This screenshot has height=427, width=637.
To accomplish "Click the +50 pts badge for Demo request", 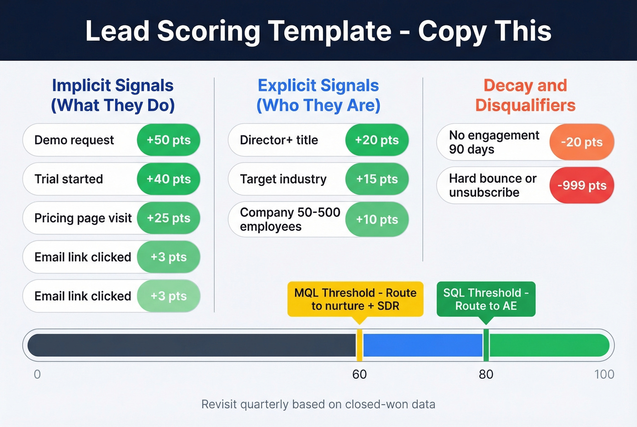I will pos(168,140).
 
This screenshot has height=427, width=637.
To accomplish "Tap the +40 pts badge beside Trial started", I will pos(168,179).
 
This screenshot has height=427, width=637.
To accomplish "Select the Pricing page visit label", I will pos(83,218).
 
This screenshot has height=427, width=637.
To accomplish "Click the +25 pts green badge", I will pos(168,218).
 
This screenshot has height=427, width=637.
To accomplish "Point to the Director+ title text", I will pos(278,140).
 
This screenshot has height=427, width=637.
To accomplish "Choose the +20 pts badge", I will pos(377,140).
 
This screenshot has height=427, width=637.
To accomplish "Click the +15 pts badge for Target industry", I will pos(377,179).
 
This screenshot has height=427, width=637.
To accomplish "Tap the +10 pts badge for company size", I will pos(377,220).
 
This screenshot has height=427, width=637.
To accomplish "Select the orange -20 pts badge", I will pos(581,142).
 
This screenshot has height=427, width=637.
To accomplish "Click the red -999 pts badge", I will pos(581,186).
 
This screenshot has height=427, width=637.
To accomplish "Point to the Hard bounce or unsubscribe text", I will pos(493,186).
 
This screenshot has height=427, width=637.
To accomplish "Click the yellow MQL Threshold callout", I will pos(355,299).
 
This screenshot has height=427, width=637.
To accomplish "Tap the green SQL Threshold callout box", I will pos(486,299).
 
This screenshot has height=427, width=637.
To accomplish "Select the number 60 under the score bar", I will pos(359,375).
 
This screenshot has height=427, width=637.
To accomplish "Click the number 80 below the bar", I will pos(486,375).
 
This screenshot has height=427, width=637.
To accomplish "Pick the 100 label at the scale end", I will pos(604,375).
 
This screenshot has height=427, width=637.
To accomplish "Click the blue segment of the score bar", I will pos(422,345).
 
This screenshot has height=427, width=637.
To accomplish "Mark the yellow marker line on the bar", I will pos(359,345).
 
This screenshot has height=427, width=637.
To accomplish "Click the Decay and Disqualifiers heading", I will pos(525,95).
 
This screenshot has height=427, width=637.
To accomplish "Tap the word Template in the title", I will pos(329,31).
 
